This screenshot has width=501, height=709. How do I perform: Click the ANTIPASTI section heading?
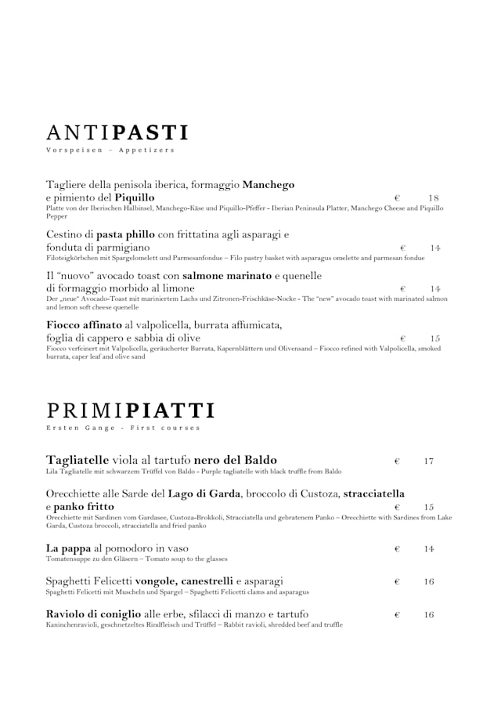[117, 132]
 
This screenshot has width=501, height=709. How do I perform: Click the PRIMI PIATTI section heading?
[130, 411]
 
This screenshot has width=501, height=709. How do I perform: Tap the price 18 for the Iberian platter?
[434, 198]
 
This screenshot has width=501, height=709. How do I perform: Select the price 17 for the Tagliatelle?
[429, 461]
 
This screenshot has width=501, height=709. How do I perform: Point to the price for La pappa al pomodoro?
[429, 549]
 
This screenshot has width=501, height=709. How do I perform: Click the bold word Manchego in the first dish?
[268, 185]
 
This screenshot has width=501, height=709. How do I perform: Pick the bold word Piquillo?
[134, 197]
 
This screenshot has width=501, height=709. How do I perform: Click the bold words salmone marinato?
[227, 276]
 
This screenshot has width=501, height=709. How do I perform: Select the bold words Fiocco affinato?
[84, 324]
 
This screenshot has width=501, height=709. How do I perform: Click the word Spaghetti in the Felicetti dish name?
[70, 581]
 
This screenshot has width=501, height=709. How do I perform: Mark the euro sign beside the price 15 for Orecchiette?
[397, 508]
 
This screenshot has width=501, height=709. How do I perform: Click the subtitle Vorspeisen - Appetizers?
[110, 150]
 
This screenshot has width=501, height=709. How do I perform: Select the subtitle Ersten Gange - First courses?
[123, 428]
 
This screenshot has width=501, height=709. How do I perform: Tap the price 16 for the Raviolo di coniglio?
[429, 615]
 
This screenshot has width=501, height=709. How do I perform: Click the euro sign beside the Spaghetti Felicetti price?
[397, 582]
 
